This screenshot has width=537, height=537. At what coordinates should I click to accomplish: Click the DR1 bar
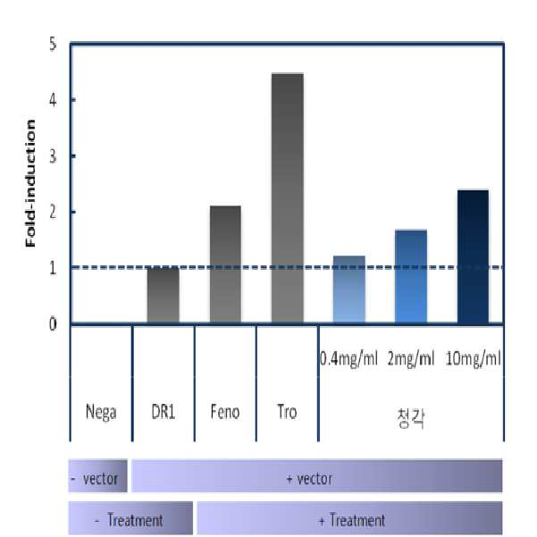pyautogui.click(x=163, y=295)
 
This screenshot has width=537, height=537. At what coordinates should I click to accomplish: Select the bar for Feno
pyautogui.click(x=225, y=264)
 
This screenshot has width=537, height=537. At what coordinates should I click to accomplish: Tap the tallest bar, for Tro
pyautogui.click(x=288, y=198)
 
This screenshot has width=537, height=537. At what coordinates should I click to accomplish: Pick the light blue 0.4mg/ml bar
pyautogui.click(x=349, y=289)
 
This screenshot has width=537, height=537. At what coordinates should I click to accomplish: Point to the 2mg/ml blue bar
pyautogui.click(x=411, y=276)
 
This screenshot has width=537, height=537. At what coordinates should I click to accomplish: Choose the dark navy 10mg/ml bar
pyautogui.click(x=473, y=256)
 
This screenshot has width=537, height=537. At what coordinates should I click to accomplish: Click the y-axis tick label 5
pyautogui.click(x=53, y=44)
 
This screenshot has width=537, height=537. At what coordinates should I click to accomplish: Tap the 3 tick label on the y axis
pyautogui.click(x=53, y=156)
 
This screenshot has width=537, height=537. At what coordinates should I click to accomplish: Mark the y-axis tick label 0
pyautogui.click(x=53, y=324)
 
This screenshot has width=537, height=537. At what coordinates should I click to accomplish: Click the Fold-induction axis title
pyautogui.click(x=30, y=183)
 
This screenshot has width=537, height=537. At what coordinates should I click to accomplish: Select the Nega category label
pyautogui.click(x=101, y=412)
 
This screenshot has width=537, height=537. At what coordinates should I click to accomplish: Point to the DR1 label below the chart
pyautogui.click(x=163, y=411)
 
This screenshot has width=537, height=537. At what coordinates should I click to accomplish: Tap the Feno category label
pyautogui.click(x=225, y=411)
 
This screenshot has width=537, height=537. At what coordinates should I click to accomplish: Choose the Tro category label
pyautogui.click(x=287, y=411)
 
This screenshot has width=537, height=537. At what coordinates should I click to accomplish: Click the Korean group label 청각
pyautogui.click(x=411, y=418)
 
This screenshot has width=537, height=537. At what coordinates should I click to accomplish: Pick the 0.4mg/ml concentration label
pyautogui.click(x=348, y=359)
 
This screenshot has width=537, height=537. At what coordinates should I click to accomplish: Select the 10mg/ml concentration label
pyautogui.click(x=474, y=359)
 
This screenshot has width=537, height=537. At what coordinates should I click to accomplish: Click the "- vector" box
pyautogui.click(x=98, y=475)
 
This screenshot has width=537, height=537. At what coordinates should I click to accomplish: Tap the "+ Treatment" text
pyautogui.click(x=352, y=520)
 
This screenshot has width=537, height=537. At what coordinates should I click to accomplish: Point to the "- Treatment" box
pyautogui.click(x=130, y=518)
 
